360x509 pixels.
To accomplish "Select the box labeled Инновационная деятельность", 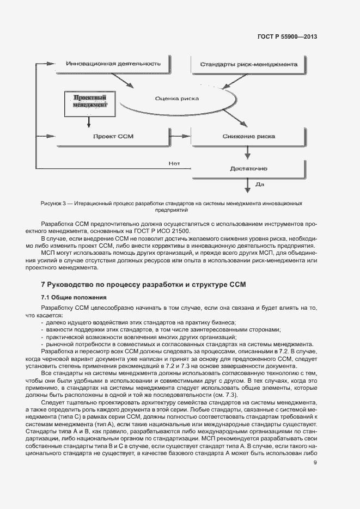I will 113,64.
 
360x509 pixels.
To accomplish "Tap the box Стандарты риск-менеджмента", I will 248,65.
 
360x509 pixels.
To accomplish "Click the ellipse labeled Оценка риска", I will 176,99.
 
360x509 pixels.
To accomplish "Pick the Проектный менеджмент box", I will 89,100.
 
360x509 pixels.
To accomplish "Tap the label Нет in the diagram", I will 174,162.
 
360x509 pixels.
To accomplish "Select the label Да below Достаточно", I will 259,185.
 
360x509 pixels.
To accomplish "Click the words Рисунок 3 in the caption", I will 54,203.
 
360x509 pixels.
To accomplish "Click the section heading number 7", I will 44,284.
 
